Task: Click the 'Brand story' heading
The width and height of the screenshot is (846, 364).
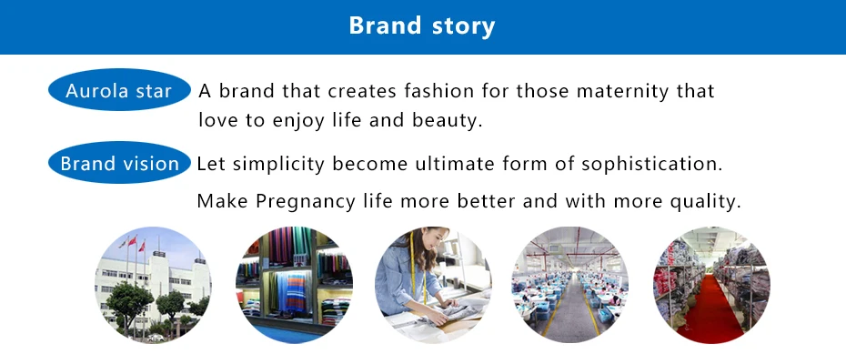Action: coord(422,25)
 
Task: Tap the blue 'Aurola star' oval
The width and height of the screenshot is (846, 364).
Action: coord(119,90)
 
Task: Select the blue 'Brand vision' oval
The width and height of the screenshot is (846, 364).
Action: coord(119,163)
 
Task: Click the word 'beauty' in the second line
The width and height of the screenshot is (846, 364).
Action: coord(447,120)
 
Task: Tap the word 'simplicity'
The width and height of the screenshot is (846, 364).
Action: coord(278,164)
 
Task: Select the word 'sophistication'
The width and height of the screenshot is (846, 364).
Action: coord(651,164)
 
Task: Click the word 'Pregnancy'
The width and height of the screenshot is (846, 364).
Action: coord(306,201)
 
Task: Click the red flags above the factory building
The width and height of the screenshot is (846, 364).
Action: coord(133,243)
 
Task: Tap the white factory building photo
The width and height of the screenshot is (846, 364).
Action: coord(153,285)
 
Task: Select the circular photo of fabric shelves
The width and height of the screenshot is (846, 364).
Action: coord(294,285)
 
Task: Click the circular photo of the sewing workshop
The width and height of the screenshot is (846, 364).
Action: coord(569,285)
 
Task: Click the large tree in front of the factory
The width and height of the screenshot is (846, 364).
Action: coord(129,302)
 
